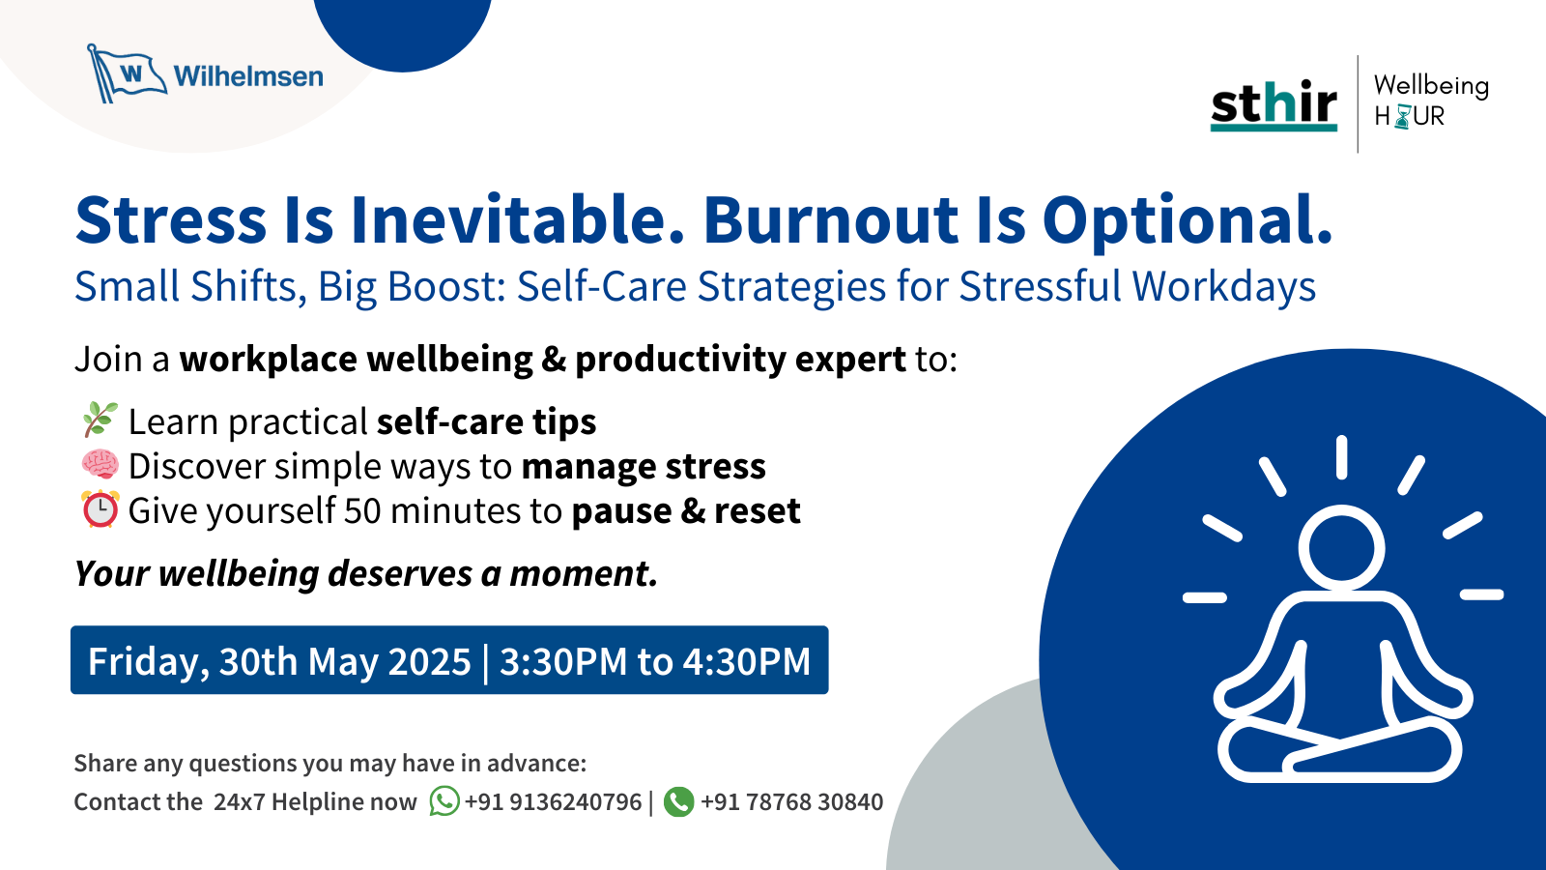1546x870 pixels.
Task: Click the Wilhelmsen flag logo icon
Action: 125,74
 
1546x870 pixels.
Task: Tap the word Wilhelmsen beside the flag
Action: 248,76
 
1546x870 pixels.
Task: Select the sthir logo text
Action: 1274,103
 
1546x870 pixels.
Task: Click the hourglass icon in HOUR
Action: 1402,117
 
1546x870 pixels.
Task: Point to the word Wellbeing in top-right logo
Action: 1431,85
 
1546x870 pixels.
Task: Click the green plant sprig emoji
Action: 100,420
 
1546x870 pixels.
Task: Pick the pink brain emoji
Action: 100,466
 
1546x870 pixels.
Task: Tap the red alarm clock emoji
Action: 100,509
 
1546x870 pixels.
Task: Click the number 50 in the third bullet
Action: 362,511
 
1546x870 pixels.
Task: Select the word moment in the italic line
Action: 583,574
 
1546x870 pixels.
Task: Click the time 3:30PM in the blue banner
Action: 563,662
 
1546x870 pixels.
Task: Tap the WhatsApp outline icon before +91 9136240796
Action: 444,801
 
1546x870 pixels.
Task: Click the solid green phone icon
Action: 679,801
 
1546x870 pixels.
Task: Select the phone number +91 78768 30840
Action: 791,802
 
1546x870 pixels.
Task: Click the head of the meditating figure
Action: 1342,547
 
